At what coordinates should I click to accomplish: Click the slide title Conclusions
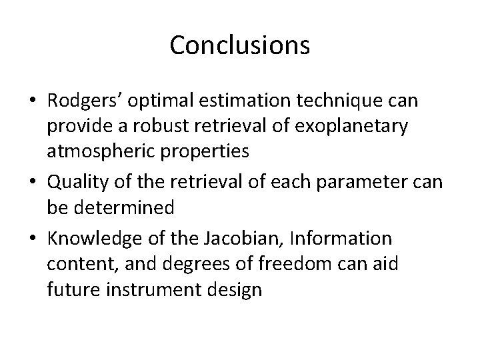coord(239,45)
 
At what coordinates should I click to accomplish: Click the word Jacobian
coord(257,237)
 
